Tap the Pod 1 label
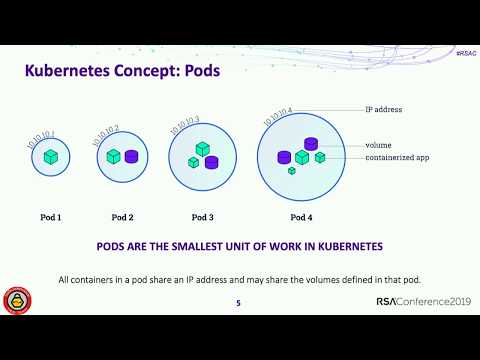51,217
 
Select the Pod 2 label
122,217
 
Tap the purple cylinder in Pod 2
131,156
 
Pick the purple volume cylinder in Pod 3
211,161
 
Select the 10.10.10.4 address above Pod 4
277,115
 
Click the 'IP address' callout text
384,109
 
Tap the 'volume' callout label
378,144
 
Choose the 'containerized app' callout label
397,157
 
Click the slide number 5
238,303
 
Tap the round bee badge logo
17,300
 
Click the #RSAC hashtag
464,50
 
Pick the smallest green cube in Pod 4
292,171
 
